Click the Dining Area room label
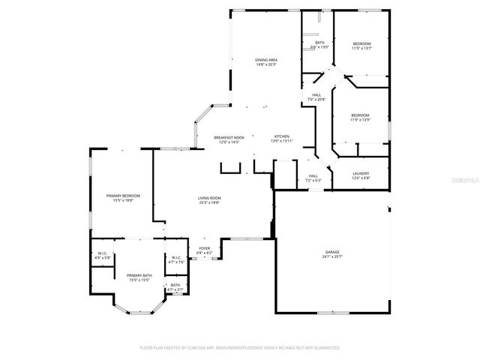point(267,60)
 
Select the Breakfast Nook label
point(229,137)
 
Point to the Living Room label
point(209,198)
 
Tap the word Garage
point(331,252)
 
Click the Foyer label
point(204,248)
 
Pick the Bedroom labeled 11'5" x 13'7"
point(361,43)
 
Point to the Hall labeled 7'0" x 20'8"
point(316,94)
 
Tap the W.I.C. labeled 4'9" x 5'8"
point(103,253)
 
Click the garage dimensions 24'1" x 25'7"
point(331,257)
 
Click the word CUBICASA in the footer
point(244,348)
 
